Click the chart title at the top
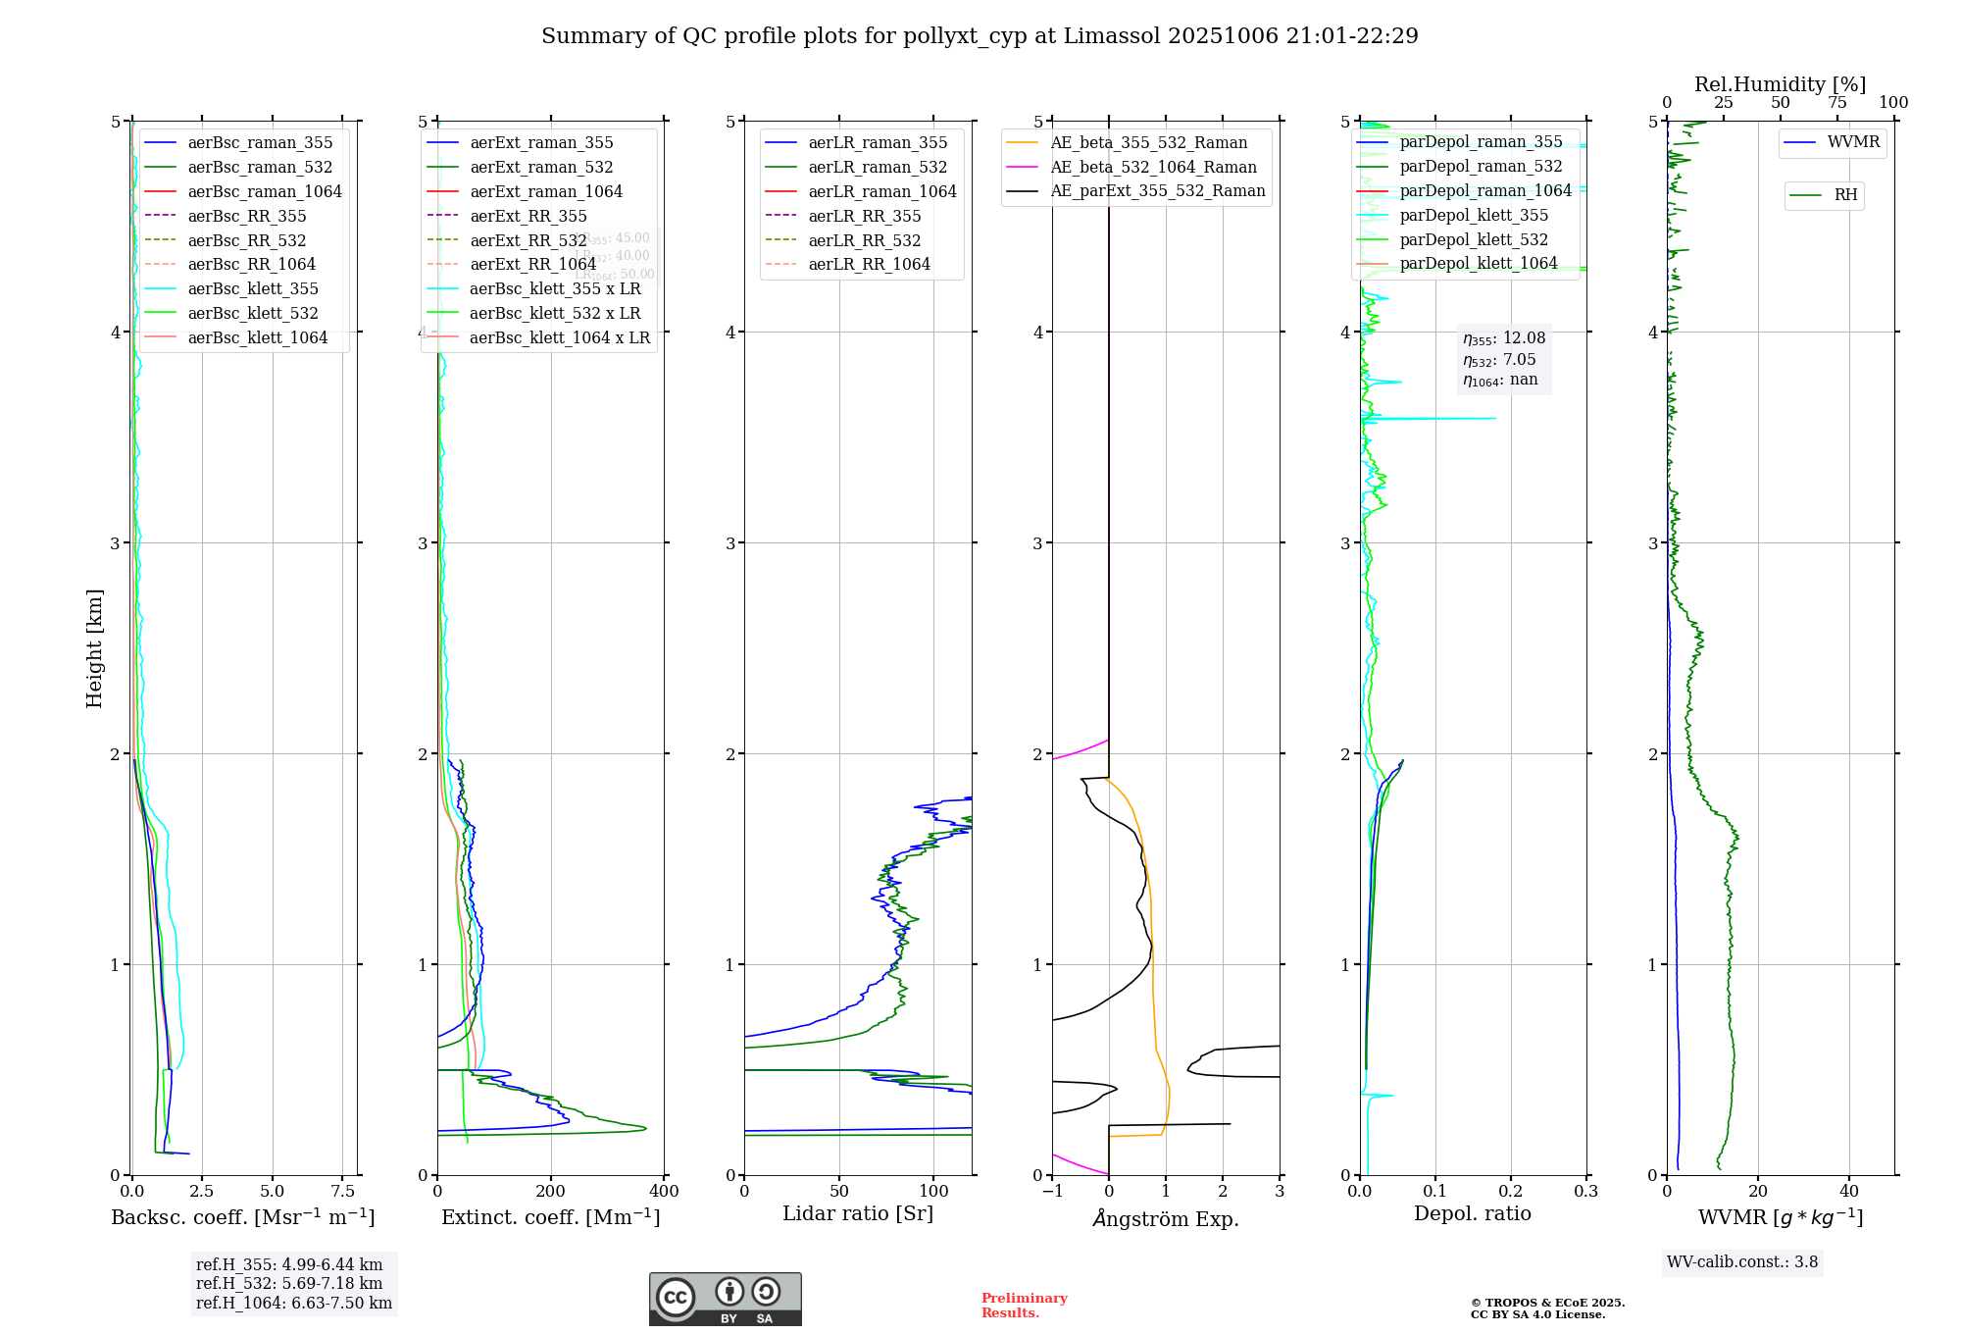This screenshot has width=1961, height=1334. pyautogui.click(x=980, y=36)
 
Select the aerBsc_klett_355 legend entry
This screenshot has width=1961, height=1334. pyautogui.click(x=252, y=288)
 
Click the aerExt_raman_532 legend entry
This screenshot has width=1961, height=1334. pyautogui.click(x=541, y=167)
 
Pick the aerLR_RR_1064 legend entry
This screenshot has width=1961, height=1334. pyautogui.click(x=869, y=264)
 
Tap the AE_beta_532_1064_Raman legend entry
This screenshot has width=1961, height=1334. pyautogui.click(x=1153, y=167)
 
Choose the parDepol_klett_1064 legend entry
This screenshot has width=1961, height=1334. pyautogui.click(x=1478, y=263)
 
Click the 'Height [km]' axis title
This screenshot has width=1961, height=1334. pyautogui.click(x=94, y=648)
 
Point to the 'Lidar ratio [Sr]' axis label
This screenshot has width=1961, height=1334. pyautogui.click(x=858, y=1213)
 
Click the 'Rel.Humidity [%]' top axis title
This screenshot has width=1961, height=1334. pyautogui.click(x=1780, y=84)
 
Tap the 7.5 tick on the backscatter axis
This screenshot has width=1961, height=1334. pyautogui.click(x=342, y=1192)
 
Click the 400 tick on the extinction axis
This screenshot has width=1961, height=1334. pyautogui.click(x=664, y=1192)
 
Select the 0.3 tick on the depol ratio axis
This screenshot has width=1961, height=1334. pyautogui.click(x=1585, y=1192)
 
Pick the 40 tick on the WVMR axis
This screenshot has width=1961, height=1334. pyautogui.click(x=1849, y=1192)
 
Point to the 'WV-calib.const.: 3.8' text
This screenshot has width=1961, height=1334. pyautogui.click(x=1742, y=1262)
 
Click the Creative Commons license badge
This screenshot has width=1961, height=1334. pyautogui.click(x=725, y=1299)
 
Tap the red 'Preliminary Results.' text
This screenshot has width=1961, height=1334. pyautogui.click(x=1024, y=1306)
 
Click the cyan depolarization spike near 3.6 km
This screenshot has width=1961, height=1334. pyautogui.click(x=1451, y=419)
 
